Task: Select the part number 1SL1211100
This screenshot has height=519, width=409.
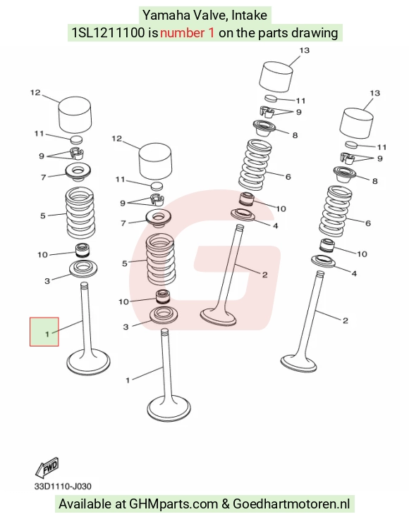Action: (109, 33)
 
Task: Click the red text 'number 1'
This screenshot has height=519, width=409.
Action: (188, 33)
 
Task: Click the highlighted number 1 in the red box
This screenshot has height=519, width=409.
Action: (47, 334)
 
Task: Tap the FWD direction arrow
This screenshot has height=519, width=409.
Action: (47, 468)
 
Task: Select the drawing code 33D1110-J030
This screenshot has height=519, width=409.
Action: (63, 486)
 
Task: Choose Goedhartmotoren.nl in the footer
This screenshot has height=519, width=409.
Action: (291, 504)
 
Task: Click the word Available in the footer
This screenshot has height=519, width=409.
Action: (85, 504)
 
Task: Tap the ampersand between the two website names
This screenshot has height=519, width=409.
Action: (226, 504)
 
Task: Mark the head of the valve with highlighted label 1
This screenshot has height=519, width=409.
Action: (88, 362)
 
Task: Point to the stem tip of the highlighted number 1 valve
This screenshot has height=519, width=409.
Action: (85, 284)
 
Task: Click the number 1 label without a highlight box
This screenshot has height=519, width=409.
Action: (128, 380)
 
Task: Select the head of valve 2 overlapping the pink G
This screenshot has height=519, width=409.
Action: (218, 317)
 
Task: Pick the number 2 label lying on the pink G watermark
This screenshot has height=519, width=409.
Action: (264, 275)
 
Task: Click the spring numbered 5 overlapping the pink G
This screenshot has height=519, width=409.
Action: (161, 259)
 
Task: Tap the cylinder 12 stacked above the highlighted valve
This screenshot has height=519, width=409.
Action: (75, 115)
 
